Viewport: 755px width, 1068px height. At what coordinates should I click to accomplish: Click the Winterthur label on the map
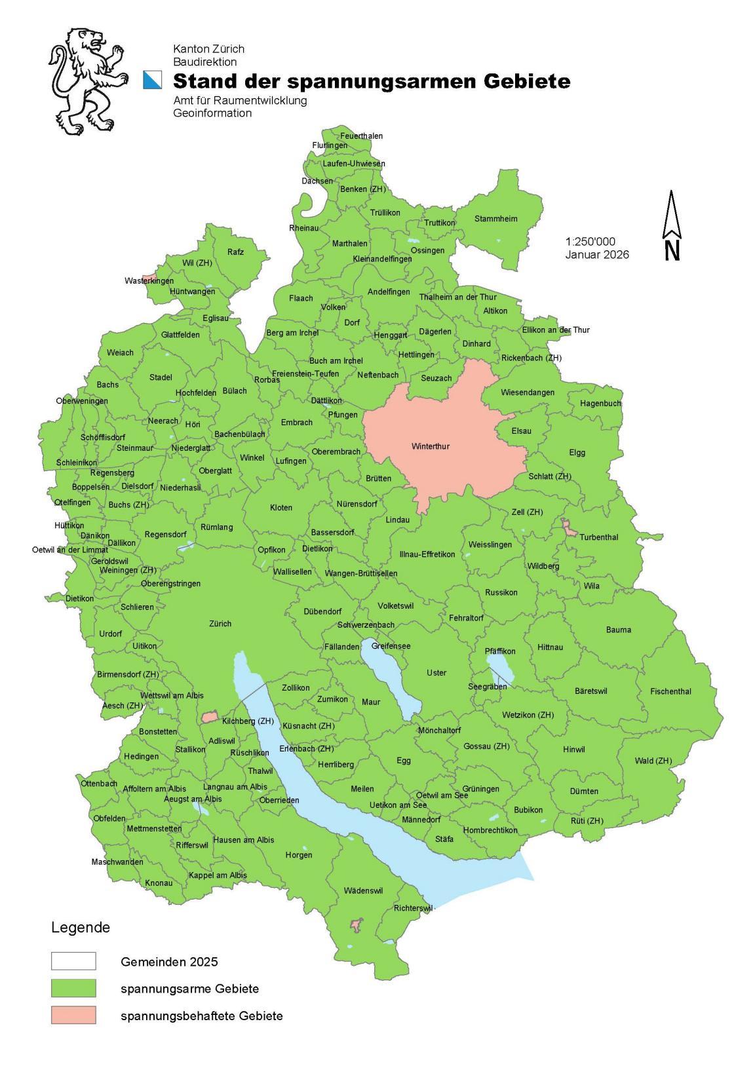(431, 446)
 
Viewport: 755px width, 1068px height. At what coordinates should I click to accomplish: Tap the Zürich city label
(220, 623)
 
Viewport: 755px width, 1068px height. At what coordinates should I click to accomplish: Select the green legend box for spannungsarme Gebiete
(73, 988)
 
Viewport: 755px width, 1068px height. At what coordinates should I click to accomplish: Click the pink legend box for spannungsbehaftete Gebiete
(73, 1015)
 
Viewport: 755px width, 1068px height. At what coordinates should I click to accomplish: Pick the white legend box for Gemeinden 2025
(73, 961)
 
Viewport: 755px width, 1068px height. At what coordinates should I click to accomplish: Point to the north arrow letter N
(672, 250)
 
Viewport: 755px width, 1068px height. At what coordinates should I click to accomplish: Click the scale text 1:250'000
(590, 242)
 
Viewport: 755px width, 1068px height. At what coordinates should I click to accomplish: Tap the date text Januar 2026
(597, 254)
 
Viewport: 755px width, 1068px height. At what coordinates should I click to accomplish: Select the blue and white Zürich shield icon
(152, 80)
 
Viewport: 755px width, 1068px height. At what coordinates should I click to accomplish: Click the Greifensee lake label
(391, 645)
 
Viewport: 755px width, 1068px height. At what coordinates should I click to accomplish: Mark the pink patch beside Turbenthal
(569, 528)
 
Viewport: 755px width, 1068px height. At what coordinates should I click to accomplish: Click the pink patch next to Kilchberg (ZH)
(209, 717)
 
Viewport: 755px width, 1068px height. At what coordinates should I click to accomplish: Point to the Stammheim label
(495, 219)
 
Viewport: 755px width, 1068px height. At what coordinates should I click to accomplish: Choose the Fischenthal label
(670, 691)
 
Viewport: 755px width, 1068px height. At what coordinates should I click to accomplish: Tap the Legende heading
(81, 927)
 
